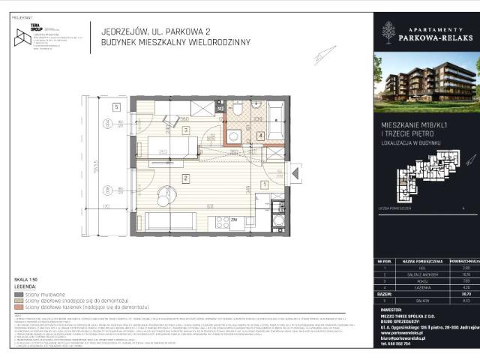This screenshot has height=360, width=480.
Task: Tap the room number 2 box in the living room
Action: point(184,178)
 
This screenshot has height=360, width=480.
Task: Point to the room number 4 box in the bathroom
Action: point(260,136)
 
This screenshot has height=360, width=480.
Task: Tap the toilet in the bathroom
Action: point(234,136)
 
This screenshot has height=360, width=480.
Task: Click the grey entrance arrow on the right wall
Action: point(295,174)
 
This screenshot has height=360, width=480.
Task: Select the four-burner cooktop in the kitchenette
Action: point(221,222)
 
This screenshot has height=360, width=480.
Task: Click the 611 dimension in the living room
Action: point(211,206)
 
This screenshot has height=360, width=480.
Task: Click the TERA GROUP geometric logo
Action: point(22,37)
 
